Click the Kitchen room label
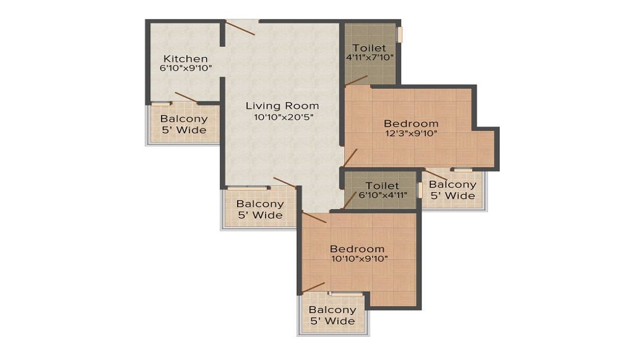185,58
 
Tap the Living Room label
282,105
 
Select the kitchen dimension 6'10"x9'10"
185,67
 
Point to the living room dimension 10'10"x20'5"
282,117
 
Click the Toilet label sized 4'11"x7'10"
369,48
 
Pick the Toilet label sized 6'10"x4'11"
382,186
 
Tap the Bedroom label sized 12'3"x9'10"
411,123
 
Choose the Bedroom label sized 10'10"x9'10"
357,248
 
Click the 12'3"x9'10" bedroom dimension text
411,133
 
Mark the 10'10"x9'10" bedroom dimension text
357,258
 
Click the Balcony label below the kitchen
184,119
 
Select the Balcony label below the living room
259,204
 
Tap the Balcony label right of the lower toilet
452,184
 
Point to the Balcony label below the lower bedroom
332,310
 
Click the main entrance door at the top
241,28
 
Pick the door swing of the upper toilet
356,80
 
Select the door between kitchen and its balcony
186,98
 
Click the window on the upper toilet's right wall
399,34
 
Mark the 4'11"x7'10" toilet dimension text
369,58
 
